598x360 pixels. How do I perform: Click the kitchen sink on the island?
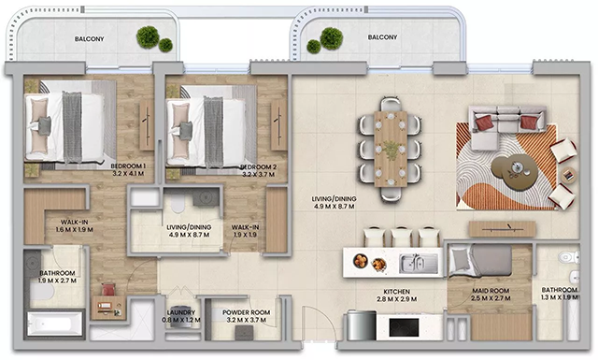click(x=419, y=263)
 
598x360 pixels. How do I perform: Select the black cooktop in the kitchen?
click(x=404, y=327)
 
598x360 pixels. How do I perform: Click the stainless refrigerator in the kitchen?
click(x=362, y=325)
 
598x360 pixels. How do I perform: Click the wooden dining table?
click(x=391, y=149)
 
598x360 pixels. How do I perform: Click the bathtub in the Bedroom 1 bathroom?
click(x=54, y=324)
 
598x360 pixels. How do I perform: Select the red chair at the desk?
click(x=108, y=289)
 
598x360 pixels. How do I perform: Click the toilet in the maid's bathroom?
click(x=569, y=257)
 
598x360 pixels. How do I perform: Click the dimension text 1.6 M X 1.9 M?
click(x=75, y=230)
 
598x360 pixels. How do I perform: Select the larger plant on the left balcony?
click(x=148, y=37)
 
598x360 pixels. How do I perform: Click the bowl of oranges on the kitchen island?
click(x=361, y=261)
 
